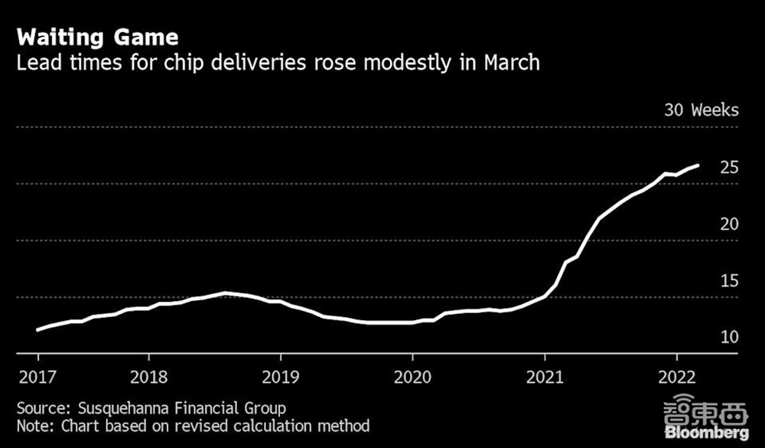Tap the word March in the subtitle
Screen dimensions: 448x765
pyautogui.click(x=512, y=62)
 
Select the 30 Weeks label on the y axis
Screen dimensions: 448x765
pyautogui.click(x=702, y=110)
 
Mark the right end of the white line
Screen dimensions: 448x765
pyautogui.click(x=698, y=165)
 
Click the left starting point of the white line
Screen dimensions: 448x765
pyautogui.click(x=37, y=330)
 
